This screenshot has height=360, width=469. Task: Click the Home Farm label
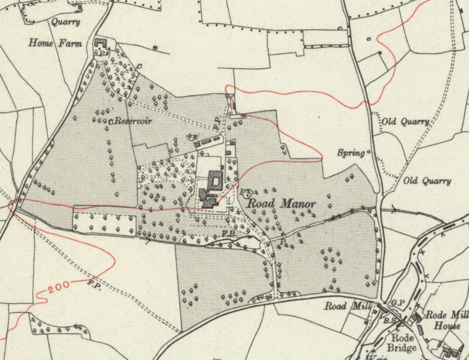coord(55,43)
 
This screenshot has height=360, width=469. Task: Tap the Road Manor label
coord(282,204)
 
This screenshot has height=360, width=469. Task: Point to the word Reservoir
coord(133,121)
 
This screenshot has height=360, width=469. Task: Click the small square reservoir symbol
coord(111,121)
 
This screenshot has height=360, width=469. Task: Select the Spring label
coord(351,153)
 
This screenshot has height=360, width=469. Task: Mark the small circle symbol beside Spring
coord(369,152)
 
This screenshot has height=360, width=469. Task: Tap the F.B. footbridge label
coord(229,234)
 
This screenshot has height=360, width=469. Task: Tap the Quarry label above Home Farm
coord(66,22)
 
